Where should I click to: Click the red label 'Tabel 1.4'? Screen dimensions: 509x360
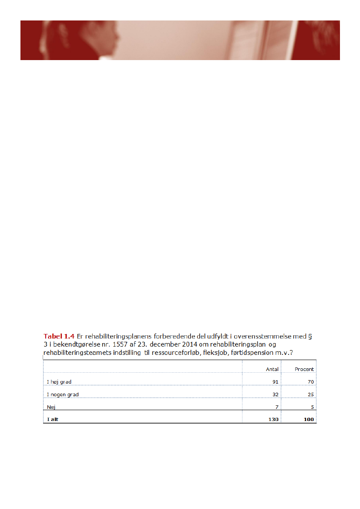[x=58, y=336]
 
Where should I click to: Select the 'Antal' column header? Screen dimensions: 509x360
[x=272, y=369]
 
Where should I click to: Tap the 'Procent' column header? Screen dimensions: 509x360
[x=304, y=369]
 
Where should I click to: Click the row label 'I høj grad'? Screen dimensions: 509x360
[x=59, y=382]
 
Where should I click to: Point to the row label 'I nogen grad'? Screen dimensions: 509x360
[x=63, y=394]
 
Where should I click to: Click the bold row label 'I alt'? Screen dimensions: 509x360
[x=52, y=420]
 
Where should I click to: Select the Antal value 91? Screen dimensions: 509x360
[x=275, y=382]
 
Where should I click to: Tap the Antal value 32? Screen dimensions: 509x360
[x=275, y=394]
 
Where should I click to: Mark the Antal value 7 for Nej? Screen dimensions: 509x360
[x=277, y=407]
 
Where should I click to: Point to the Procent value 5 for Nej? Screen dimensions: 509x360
[x=312, y=407]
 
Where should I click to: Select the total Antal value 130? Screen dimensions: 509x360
[x=273, y=420]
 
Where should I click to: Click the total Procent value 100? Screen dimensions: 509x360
[x=308, y=420]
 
